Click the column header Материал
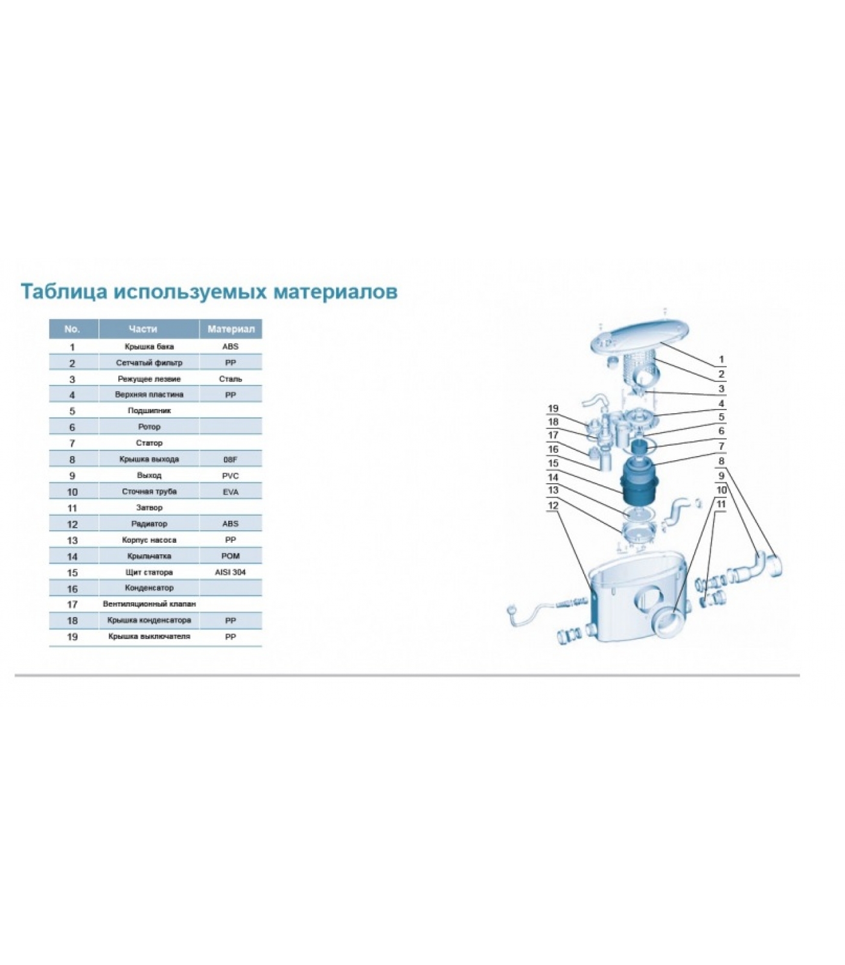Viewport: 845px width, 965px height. [x=231, y=329]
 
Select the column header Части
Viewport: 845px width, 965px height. [x=143, y=329]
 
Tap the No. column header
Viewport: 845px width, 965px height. [x=72, y=329]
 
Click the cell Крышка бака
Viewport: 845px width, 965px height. [x=149, y=347]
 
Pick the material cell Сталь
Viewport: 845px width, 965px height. [x=231, y=379]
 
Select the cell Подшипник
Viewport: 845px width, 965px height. [x=149, y=411]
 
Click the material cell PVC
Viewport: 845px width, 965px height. [x=231, y=476]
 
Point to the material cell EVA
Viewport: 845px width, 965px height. [x=231, y=492]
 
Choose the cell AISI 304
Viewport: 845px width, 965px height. [x=231, y=572]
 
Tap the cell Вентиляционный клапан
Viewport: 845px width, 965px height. [x=149, y=604]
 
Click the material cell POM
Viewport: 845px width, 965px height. [x=231, y=556]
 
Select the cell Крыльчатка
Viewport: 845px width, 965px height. [x=149, y=556]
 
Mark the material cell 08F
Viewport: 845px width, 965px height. [x=231, y=460]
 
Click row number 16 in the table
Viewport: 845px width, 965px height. [x=72, y=589]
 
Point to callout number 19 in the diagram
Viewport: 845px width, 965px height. [x=553, y=409]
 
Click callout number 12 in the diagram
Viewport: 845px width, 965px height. [x=553, y=506]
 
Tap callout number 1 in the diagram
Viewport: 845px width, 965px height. [x=721, y=359]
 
